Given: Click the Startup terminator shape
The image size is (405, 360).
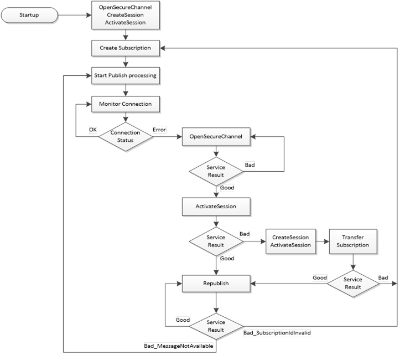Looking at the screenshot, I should pos(29,15).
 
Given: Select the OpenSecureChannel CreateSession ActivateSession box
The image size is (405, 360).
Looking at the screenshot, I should pos(126,15).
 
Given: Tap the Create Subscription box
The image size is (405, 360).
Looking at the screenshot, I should pos(126,48).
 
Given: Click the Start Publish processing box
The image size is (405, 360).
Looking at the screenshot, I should pos(126,75).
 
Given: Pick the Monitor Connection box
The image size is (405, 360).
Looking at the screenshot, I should pos(126,104).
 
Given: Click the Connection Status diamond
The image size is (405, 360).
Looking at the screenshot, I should pos(126,136).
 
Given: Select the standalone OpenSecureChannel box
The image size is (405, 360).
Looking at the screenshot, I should pos(216,136).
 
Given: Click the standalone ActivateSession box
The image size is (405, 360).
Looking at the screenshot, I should pos(216,207).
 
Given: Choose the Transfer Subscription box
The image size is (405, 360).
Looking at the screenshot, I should pos(354,241).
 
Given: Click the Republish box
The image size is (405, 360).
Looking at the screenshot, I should pos(216,284).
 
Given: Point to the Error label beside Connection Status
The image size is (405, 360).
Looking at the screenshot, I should pos(159,130).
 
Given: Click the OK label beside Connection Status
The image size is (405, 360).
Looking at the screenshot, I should pos(93,130).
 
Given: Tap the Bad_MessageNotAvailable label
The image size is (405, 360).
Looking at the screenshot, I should pos(179,346).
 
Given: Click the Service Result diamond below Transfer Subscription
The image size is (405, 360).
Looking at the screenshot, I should pos(353,283).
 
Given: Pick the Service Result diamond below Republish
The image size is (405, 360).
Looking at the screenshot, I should pos(216,326).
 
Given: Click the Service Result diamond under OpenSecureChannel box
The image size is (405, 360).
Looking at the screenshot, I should pos(216,171).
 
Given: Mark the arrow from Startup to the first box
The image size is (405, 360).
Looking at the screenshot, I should pos(74,15).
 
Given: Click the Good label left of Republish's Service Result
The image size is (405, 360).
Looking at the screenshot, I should pos(183,320).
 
